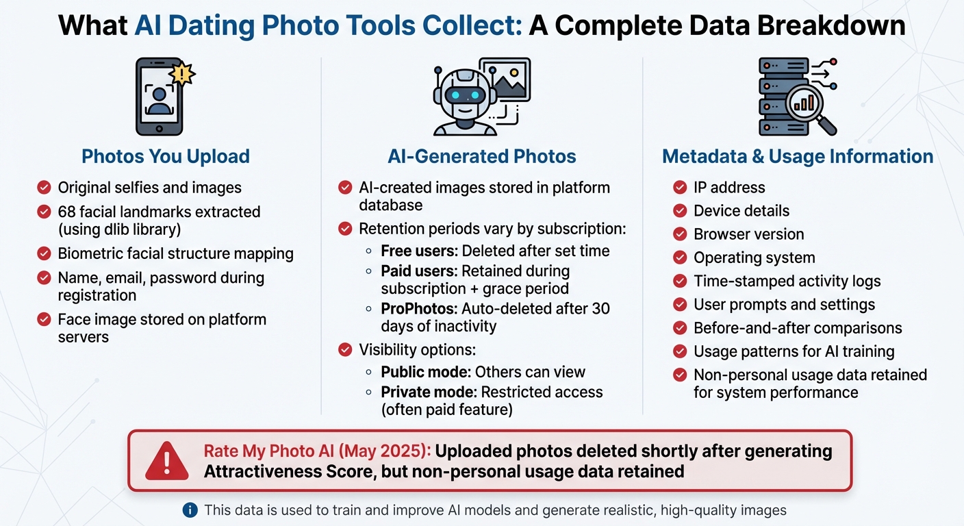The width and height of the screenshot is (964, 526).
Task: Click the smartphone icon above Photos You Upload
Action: click(x=159, y=96)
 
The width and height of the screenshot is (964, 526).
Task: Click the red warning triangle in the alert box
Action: click(x=166, y=461)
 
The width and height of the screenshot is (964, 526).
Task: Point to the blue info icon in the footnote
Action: click(x=191, y=510)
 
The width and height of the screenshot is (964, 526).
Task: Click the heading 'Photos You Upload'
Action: click(x=165, y=156)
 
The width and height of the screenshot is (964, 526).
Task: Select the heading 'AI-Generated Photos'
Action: click(x=482, y=156)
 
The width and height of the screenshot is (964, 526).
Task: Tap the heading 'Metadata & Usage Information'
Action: click(x=798, y=156)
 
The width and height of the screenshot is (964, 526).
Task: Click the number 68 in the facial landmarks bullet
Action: click(x=66, y=212)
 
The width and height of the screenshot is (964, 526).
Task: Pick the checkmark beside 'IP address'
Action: click(x=680, y=188)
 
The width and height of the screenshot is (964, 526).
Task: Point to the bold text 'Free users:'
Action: click(x=419, y=251)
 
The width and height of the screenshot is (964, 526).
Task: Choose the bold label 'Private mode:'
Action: click(x=429, y=392)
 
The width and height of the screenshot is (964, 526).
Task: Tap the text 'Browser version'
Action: click(x=749, y=234)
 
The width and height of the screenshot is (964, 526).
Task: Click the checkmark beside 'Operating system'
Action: click(x=680, y=258)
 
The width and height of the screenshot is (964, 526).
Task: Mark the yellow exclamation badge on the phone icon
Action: click(x=183, y=73)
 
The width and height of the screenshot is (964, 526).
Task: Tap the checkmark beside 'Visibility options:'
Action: click(x=346, y=350)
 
